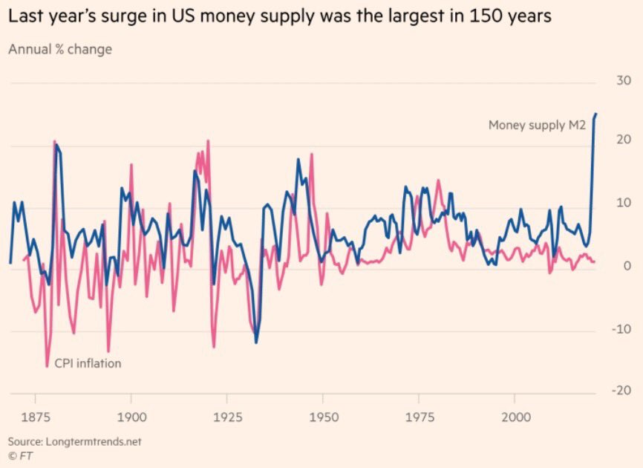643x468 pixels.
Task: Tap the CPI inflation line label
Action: tap(88, 363)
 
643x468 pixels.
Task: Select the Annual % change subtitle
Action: tap(59, 49)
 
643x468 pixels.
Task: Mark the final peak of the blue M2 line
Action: tap(596, 114)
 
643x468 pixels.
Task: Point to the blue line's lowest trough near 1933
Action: tap(256, 342)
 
